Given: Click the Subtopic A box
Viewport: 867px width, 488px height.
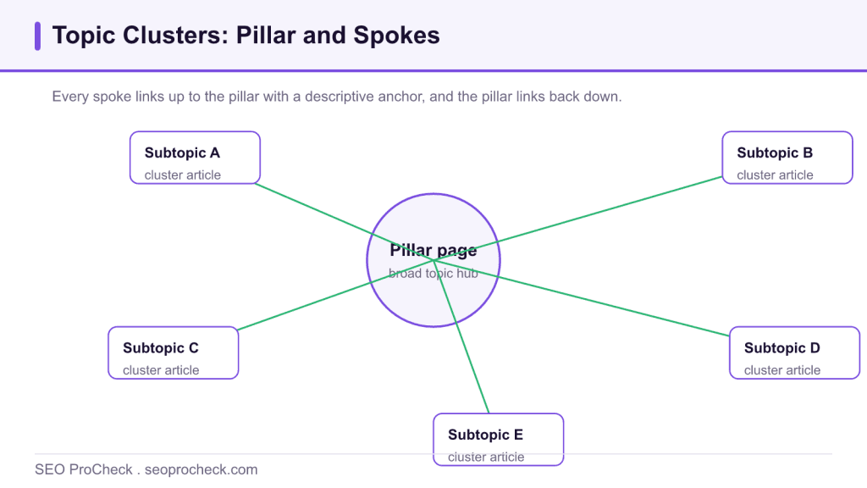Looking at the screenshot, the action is pos(195,158).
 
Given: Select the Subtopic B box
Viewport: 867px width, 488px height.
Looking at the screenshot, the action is pos(787,158).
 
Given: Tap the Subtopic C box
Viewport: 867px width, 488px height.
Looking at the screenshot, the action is pos(173,353).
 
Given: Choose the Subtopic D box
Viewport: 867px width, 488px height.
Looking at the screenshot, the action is pos(794,353).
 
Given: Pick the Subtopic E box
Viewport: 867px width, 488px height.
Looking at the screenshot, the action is pos(498,440).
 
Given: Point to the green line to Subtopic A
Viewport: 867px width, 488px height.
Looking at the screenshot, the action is pos(344,222).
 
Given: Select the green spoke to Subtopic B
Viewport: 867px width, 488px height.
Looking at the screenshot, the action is pos(577,219).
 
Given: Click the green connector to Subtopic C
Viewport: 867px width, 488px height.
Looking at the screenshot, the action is pos(335,295).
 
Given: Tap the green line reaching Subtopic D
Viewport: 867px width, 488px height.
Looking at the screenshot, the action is pos(582,297).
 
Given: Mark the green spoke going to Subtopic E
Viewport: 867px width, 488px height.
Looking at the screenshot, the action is pos(461,336).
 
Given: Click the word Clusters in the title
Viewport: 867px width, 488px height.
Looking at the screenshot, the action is pos(175,36).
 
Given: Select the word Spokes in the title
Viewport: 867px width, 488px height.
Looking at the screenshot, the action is pos(396,36).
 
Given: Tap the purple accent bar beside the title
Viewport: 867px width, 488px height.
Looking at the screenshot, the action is pos(37,36).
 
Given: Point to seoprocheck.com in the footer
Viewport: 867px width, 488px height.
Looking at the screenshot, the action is pos(202,469).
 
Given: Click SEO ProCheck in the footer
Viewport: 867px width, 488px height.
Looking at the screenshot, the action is pos(84,469).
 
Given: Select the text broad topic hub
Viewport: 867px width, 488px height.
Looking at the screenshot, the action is pos(433,274).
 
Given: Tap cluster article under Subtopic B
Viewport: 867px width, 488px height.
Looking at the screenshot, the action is pos(776,175).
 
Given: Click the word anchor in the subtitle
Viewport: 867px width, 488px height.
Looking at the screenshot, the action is pos(403,97).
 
